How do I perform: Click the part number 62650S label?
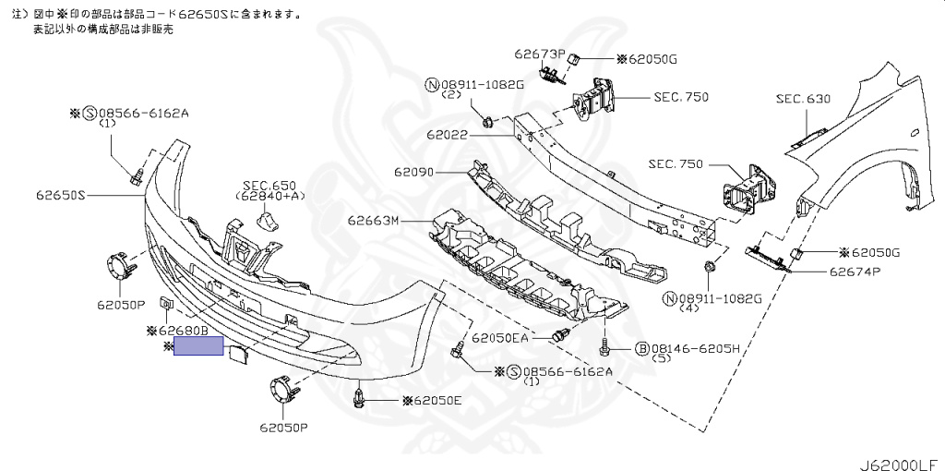60,196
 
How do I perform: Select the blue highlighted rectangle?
198,346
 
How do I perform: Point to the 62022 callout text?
447,135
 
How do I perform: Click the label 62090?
415,173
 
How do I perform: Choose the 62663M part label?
373,221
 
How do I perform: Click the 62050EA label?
500,339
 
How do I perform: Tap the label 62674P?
855,272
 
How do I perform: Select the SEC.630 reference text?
802,98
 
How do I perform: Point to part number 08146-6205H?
696,348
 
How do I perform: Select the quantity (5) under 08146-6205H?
660,359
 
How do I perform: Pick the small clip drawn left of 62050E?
360,399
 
